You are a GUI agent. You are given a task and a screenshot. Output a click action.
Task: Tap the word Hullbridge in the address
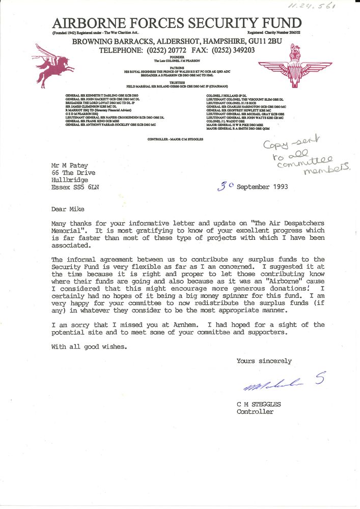[x=69, y=180]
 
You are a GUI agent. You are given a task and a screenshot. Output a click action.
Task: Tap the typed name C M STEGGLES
[x=258, y=405]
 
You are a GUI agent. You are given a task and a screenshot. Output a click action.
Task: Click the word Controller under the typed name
[x=255, y=412]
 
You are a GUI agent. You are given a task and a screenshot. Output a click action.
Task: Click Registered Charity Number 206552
[x=274, y=32]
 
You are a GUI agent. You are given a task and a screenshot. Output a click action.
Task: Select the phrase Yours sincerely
[x=264, y=361]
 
